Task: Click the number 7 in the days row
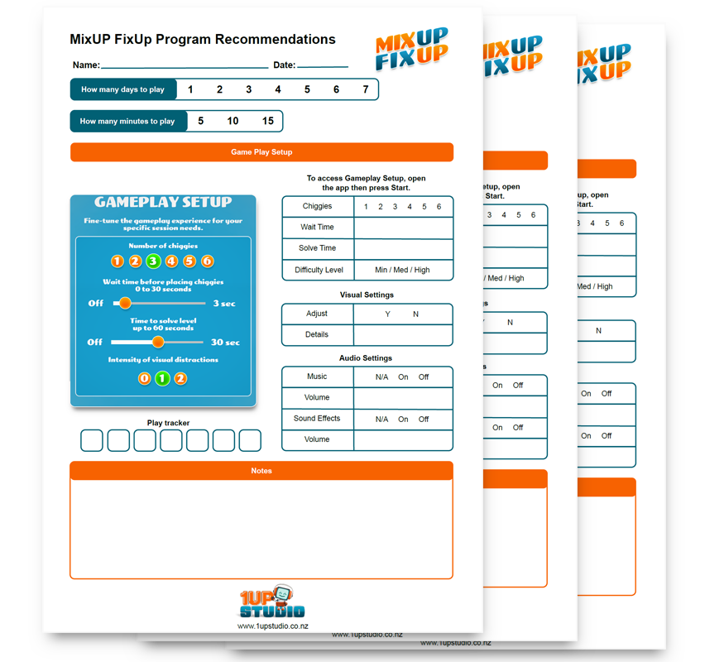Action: tap(366, 89)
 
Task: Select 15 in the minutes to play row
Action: tap(268, 121)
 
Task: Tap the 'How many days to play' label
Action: tap(122, 89)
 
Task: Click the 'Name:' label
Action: tap(86, 65)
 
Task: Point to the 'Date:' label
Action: tap(284, 65)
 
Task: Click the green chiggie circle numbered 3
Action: tap(153, 261)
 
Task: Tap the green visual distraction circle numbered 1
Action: tap(162, 378)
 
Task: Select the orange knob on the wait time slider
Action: tap(125, 303)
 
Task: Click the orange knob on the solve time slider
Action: tap(158, 342)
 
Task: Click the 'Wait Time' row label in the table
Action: tap(317, 227)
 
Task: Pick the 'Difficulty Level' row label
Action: tap(319, 270)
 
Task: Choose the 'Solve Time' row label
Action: tap(317, 248)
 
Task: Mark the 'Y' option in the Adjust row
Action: tap(388, 314)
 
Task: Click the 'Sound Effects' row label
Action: tap(317, 419)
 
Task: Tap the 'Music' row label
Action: tap(317, 377)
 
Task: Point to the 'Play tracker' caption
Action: tap(169, 423)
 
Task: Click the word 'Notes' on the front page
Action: tap(261, 471)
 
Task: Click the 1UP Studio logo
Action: tap(272, 602)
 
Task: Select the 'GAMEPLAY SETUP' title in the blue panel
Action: tap(163, 202)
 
